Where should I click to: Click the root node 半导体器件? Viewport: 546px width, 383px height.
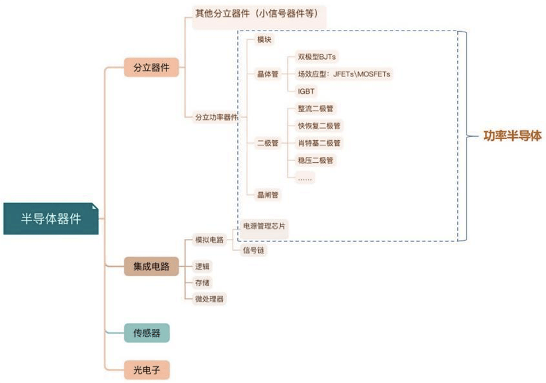pos(51,219)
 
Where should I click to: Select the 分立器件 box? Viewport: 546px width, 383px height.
pos(151,67)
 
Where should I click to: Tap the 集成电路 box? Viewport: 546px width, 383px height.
pos(151,267)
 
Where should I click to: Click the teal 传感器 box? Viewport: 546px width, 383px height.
pos(147,333)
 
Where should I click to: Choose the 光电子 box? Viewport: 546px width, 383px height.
pos(147,370)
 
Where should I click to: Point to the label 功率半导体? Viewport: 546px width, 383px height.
pos(512,136)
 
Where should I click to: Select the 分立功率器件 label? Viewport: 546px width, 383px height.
pos(216,117)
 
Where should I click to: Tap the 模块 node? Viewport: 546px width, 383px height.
pos(264,39)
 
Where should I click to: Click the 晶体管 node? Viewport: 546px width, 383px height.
pos(268,74)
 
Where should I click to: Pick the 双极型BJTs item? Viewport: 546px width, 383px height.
pos(317,57)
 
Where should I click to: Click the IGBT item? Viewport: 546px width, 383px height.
pos(306,91)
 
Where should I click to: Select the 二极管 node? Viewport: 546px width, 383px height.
pos(268,143)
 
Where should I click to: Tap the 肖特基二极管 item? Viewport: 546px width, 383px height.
pos(319,143)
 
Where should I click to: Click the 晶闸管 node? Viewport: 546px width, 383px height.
pos(268,195)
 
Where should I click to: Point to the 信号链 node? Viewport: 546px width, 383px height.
pos(253,250)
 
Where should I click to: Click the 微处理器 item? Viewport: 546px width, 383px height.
pos(209,299)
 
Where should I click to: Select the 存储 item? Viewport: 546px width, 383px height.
pos(203,282)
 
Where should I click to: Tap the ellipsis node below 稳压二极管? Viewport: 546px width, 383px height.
pos(305,178)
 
